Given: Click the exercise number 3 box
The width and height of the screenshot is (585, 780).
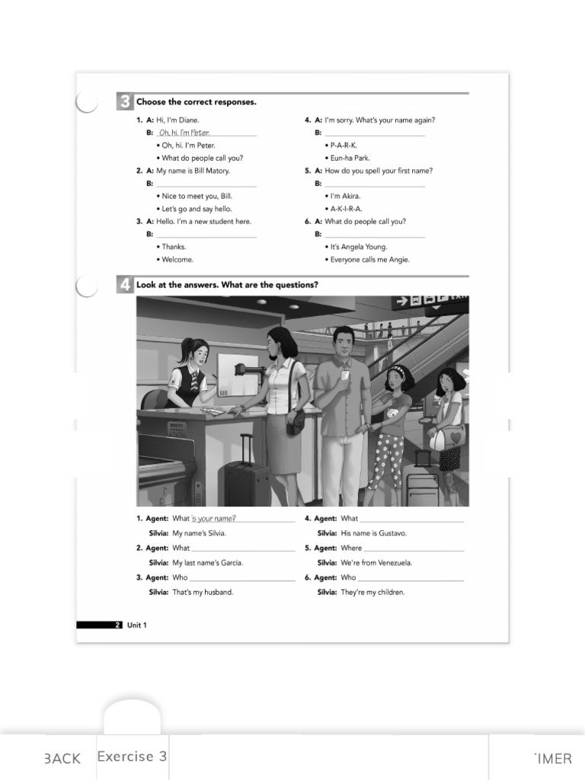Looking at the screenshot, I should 124,102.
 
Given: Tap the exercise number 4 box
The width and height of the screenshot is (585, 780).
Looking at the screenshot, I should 124,285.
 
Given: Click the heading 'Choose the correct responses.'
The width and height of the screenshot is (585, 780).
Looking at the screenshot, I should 196,102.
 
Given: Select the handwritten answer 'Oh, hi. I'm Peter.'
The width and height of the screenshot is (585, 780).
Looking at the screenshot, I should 184,133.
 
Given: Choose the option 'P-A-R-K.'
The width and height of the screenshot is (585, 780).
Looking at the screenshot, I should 344,145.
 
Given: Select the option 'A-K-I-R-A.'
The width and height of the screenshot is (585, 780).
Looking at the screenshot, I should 346,209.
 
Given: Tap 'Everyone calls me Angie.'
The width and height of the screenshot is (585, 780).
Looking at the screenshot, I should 369,260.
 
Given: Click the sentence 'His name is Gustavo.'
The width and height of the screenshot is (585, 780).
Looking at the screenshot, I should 373,533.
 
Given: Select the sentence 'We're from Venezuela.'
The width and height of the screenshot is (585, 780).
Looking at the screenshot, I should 376,563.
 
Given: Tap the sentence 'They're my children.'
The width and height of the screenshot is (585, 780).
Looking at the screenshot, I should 372,593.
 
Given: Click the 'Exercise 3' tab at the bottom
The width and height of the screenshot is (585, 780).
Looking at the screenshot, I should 132,756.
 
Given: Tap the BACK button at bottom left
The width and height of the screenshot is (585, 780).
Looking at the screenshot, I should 62,758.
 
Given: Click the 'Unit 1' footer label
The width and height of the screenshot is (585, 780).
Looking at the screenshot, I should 136,625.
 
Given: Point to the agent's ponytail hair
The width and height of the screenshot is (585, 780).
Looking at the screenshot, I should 183,352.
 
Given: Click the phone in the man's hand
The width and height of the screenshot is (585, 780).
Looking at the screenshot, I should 344,376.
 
